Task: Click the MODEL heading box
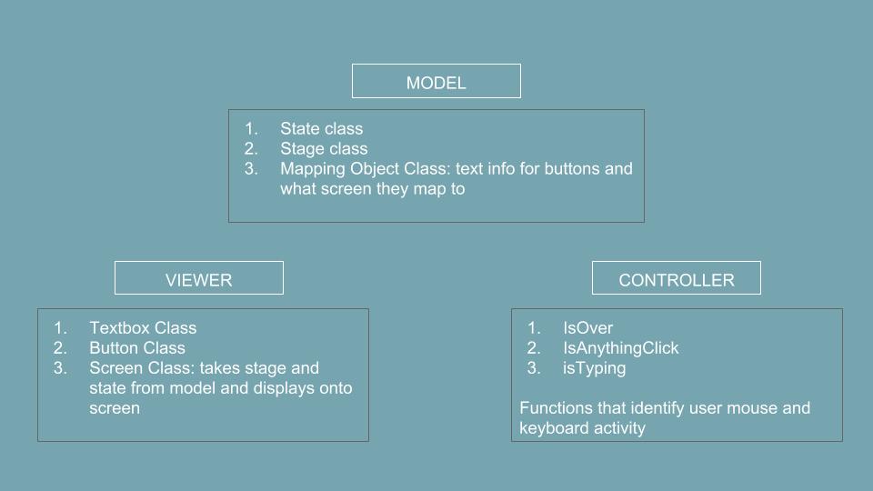pyautogui.click(x=436, y=81)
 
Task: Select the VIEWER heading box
pyautogui.click(x=199, y=278)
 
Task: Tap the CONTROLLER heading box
pyautogui.click(x=677, y=278)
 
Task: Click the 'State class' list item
pyautogui.click(x=321, y=128)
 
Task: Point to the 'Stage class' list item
pyautogui.click(x=324, y=148)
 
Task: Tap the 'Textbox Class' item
pyautogui.click(x=143, y=328)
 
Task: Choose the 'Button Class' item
pyautogui.click(x=137, y=348)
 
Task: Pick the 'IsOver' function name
pyautogui.click(x=588, y=328)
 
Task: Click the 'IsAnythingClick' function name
pyautogui.click(x=621, y=348)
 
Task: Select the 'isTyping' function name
pyautogui.click(x=594, y=368)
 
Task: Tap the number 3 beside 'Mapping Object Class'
pyautogui.click(x=251, y=169)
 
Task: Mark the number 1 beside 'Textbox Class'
pyautogui.click(x=60, y=328)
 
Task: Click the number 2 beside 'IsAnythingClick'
pyautogui.click(x=534, y=348)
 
